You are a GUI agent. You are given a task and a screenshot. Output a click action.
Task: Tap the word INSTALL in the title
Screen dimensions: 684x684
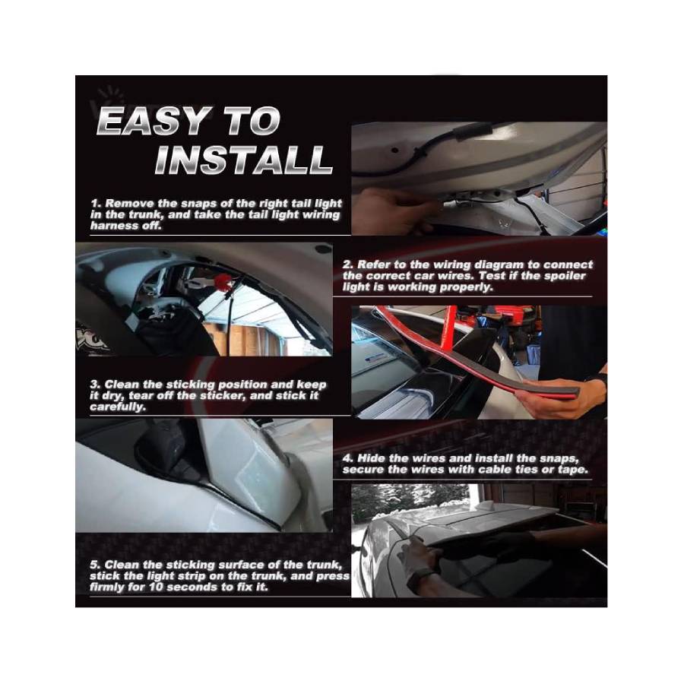click(x=244, y=160)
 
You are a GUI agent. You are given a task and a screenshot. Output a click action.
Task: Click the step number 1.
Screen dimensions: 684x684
click(x=96, y=203)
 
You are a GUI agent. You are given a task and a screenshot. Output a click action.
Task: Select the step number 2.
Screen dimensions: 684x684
click(x=347, y=264)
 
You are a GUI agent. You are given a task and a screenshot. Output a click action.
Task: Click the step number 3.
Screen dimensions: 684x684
click(x=95, y=385)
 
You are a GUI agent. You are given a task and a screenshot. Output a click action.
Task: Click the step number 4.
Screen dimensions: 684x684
click(x=347, y=458)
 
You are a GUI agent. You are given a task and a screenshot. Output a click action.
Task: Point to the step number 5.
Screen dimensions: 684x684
click(x=96, y=565)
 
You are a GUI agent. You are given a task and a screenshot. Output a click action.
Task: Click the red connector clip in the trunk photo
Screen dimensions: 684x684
click(x=226, y=282)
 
